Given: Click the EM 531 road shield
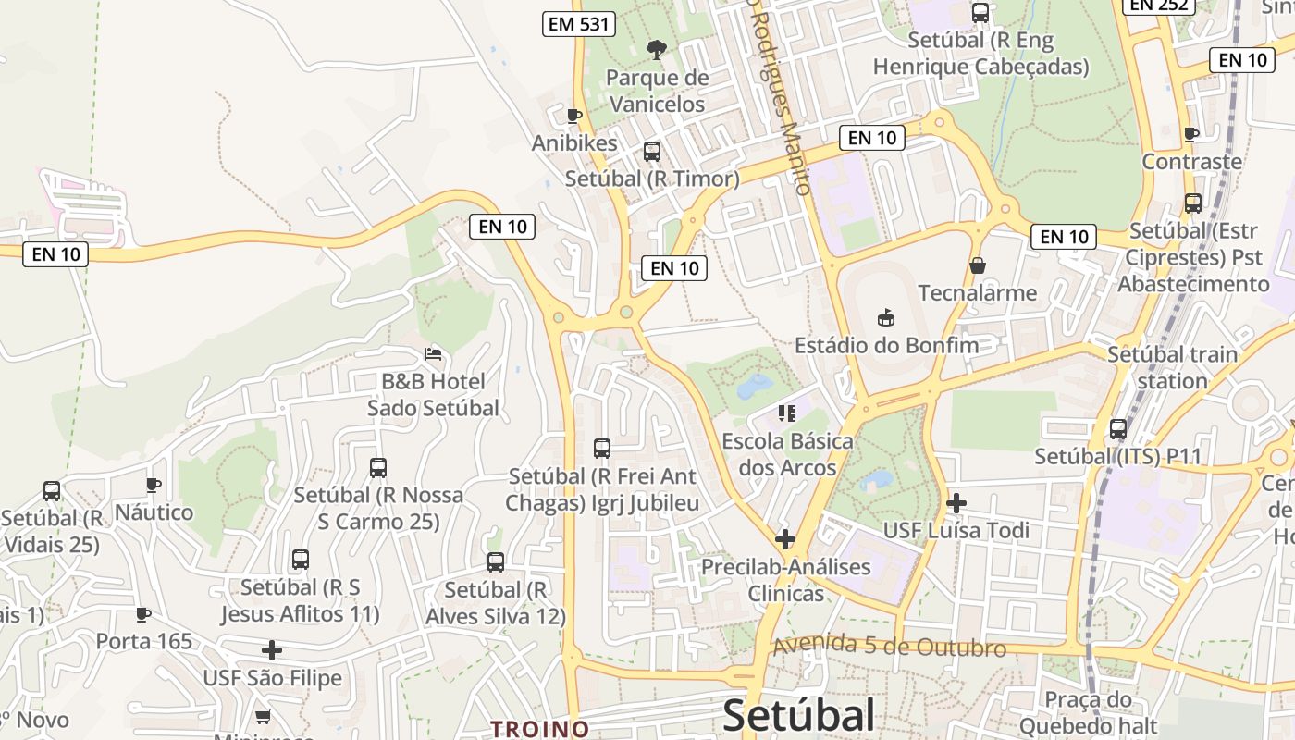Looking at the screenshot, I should coord(579,24).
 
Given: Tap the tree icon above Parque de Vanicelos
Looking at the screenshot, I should coord(657,49).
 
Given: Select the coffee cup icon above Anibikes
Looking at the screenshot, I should coord(573,116).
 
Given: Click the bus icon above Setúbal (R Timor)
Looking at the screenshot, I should coord(652,152).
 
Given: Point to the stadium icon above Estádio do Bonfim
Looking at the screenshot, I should coord(886,317).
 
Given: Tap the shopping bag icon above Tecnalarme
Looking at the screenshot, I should coord(978,265).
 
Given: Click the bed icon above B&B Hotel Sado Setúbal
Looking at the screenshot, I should coord(433,353).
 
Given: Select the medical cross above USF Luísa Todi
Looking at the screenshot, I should coord(956,503).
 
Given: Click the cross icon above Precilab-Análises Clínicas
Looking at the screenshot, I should coord(785,538).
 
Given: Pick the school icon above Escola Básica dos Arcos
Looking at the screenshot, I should coord(787,413).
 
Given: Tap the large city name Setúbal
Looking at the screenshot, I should coord(798,715).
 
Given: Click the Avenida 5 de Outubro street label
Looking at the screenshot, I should coord(889,647).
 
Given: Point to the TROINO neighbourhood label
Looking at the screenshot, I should coord(540,729).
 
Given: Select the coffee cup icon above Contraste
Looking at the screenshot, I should coord(1191,134).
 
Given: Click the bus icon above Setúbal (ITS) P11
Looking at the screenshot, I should coord(1118,429).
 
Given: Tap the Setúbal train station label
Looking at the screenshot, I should coord(1172,367).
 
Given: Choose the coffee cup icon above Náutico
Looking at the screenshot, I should coord(154,485).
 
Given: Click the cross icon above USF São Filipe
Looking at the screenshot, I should coord(272,650).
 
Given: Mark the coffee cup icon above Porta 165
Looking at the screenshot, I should coord(143,614).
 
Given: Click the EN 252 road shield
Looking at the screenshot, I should coord(1159,5).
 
